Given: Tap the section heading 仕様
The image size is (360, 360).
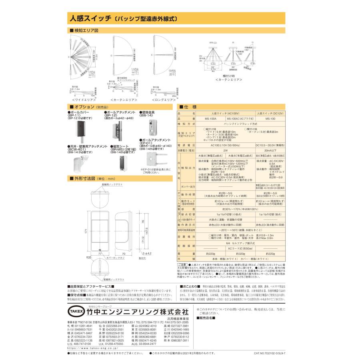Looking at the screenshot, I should (x=189, y=108).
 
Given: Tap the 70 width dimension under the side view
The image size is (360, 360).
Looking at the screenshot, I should (x=124, y=254).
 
